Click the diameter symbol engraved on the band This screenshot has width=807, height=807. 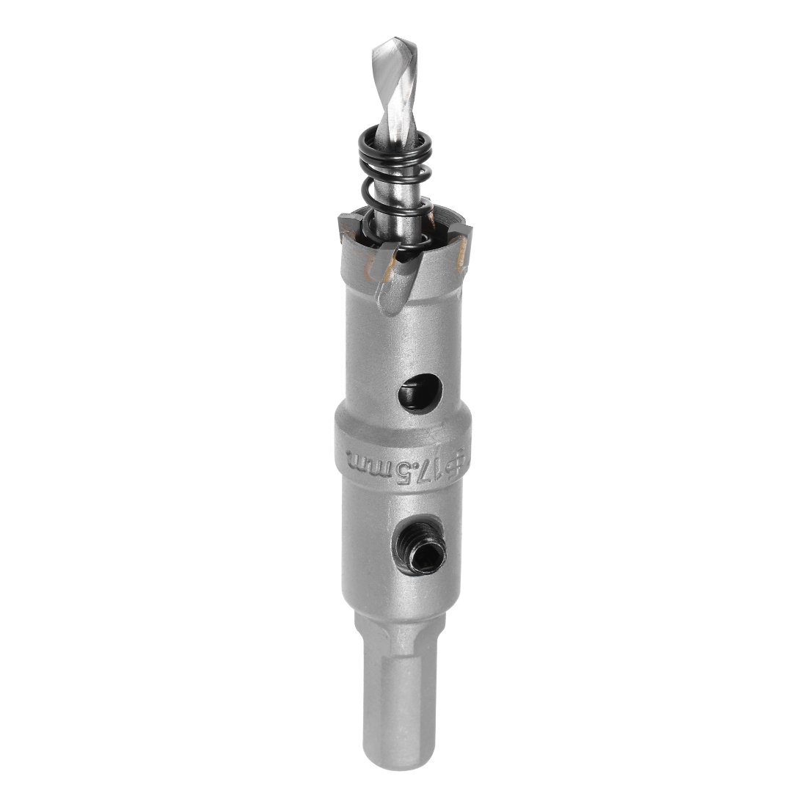coord(460,461)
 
